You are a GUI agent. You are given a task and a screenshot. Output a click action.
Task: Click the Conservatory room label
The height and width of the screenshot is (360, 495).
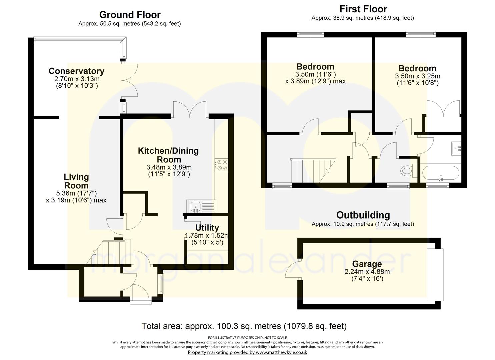(x=76, y=71)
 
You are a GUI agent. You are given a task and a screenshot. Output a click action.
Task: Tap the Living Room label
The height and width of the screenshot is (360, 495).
(x=76, y=181)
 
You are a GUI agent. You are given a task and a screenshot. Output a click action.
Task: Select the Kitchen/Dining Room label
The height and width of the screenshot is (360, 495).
(x=168, y=155)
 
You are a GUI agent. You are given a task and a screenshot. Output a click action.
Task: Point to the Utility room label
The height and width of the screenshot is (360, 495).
(x=207, y=228)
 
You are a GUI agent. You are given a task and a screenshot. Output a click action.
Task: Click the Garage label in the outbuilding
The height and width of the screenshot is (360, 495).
(x=367, y=264)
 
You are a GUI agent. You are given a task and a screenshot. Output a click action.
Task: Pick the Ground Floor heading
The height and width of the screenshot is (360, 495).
(x=130, y=15)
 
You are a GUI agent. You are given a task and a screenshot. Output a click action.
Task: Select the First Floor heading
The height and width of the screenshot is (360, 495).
(x=363, y=9)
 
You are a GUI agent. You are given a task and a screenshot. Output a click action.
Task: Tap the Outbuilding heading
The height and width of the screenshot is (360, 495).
(x=363, y=215)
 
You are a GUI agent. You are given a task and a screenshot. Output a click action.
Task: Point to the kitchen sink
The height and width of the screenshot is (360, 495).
(x=195, y=206)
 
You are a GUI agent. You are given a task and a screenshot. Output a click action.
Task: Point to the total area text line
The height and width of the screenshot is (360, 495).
(x=244, y=326)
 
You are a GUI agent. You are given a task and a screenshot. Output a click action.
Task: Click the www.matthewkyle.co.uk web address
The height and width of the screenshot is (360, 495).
(x=281, y=352)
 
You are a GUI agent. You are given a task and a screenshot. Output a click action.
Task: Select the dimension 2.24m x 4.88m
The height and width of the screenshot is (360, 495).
(x=367, y=272)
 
